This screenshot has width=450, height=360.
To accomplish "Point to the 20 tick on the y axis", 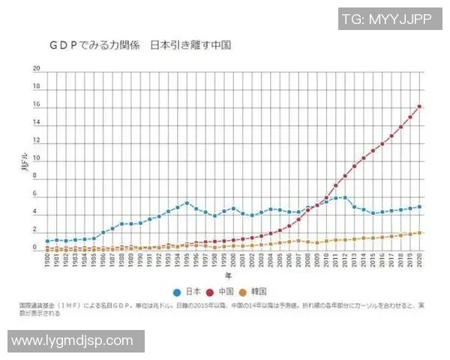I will [35, 68].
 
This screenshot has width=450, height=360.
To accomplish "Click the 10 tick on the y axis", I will [35, 160].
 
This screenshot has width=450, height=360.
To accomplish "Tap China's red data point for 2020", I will [419, 106].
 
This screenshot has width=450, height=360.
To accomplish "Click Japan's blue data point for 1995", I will [187, 202].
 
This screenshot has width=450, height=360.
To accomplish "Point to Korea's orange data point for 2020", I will [419, 232].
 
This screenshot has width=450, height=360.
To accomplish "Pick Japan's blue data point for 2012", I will [345, 198].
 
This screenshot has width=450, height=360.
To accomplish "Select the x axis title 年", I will [232, 276].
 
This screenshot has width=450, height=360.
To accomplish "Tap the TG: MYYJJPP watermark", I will [386, 18].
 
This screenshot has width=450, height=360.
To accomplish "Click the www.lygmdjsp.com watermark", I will [73, 340].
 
